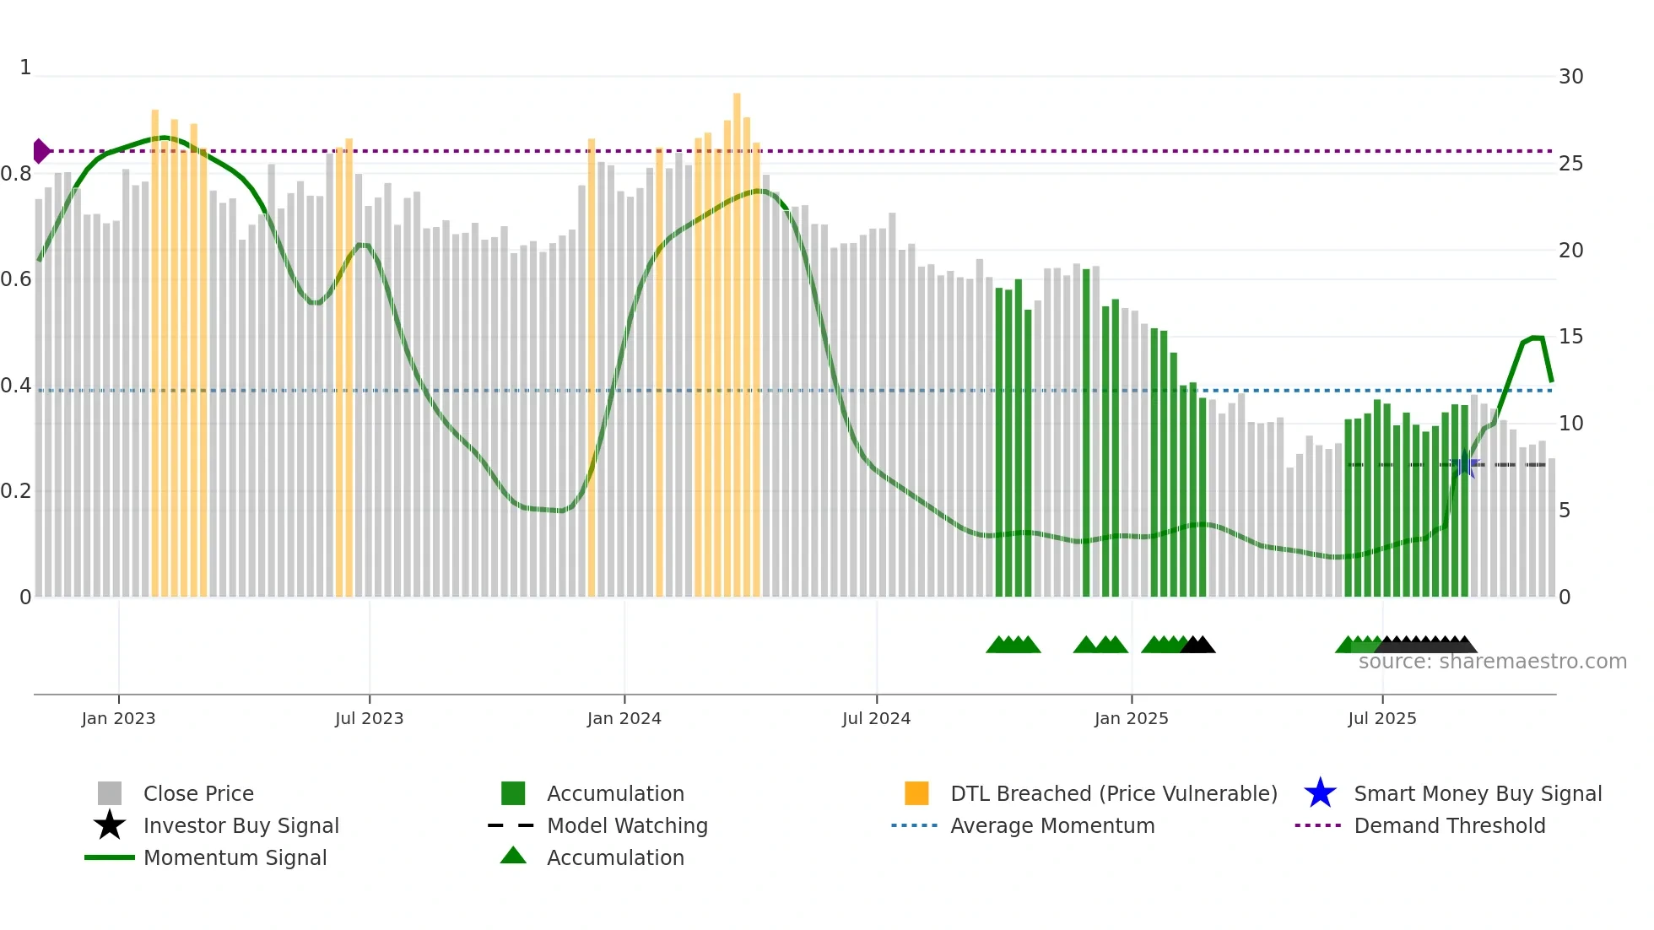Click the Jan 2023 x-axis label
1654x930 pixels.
[118, 718]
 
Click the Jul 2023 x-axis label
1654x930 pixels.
[369, 718]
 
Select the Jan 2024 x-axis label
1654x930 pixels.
[624, 718]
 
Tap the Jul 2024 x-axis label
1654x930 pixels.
[876, 718]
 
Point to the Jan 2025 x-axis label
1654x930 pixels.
[1131, 718]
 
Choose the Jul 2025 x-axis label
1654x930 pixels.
[1381, 718]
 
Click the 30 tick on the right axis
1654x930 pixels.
[1570, 77]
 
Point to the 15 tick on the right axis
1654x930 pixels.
[1570, 337]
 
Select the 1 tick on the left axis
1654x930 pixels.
[25, 68]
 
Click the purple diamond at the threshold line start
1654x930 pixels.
[41, 151]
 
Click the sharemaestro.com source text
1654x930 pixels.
[1492, 662]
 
